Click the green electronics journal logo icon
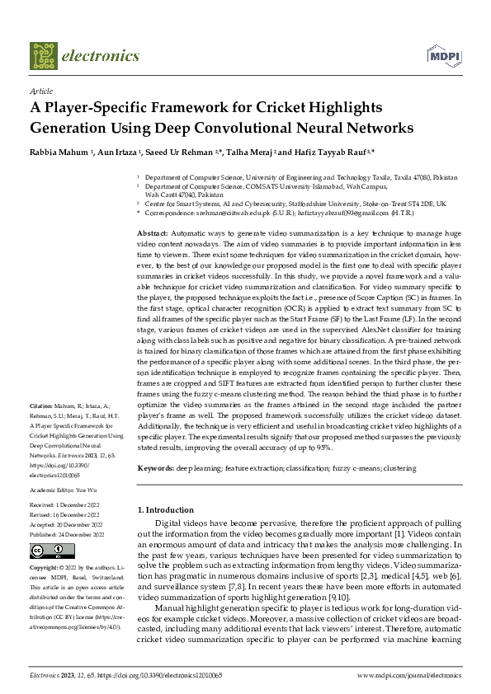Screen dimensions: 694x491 pos(44,55)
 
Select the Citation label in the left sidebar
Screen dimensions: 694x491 pos(41,407)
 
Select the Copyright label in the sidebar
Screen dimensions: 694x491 pos(45,569)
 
